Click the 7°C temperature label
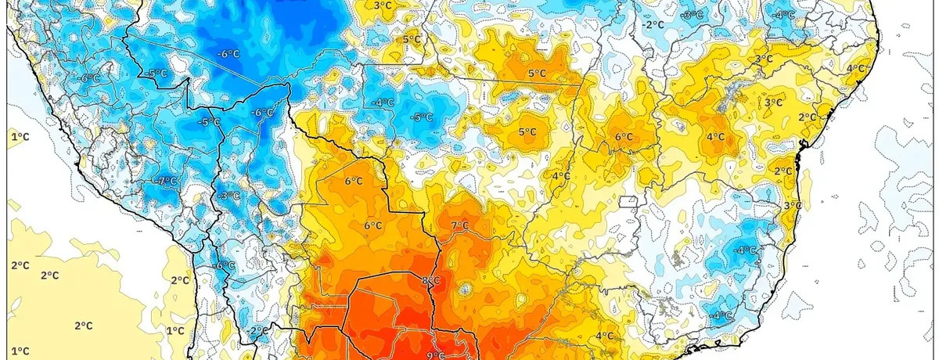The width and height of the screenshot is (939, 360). tap(459, 226)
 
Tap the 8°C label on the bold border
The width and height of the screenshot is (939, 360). tap(430, 282)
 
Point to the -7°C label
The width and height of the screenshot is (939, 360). tap(166, 181)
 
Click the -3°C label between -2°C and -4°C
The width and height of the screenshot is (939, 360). tap(691, 15)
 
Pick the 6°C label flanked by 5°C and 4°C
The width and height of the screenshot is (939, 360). tap(624, 137)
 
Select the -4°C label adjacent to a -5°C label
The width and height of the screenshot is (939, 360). tap(383, 103)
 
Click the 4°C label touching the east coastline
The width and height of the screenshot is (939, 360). tap(856, 68)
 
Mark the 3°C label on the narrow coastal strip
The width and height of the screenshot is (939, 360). tap(792, 205)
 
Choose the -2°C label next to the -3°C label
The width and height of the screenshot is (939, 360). tap(653, 24)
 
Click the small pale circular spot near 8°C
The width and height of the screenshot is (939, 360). tap(467, 290)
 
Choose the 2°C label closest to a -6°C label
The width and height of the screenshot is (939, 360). tap(179, 280)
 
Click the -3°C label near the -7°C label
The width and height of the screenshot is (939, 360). tap(229, 195)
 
